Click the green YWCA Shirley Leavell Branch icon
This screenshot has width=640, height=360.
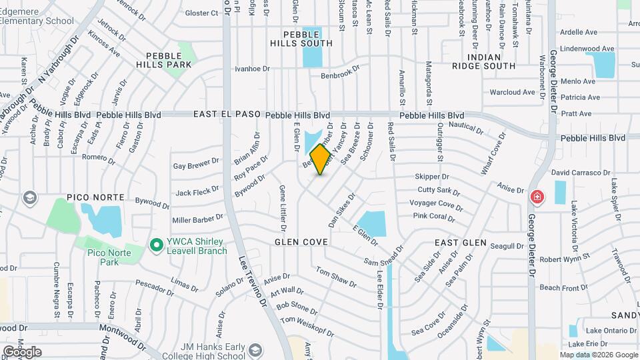tap(157, 245)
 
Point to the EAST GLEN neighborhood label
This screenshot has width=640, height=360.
tap(461, 243)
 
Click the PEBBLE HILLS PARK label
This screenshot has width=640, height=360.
tap(164, 59)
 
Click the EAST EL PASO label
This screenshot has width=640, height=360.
tap(227, 115)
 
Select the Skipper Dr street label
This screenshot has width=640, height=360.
tap(432, 177)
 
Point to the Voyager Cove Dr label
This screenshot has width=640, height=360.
tap(436, 203)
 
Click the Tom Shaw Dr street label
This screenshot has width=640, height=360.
tap(336, 277)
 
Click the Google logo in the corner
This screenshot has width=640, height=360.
tap(22, 351)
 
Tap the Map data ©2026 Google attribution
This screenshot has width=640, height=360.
tap(598, 355)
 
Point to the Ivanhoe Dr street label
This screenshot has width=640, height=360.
tap(252, 69)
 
